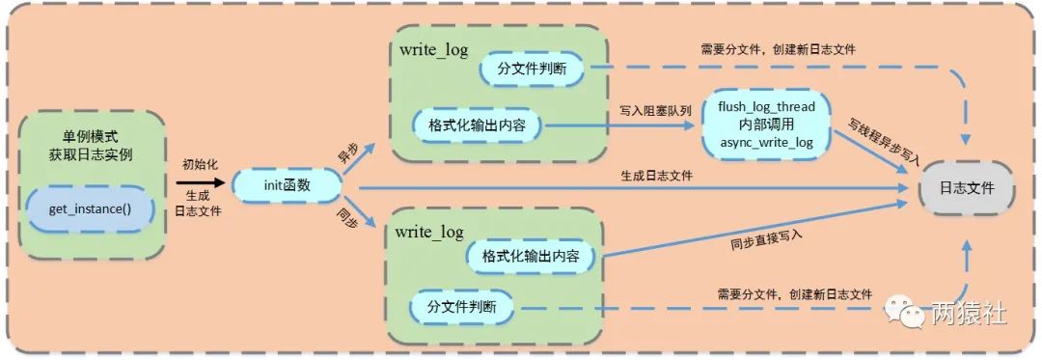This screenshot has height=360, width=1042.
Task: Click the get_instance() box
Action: [90, 208]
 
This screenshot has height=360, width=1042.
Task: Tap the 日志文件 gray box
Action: [966, 189]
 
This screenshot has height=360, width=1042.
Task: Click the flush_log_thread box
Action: [766, 125]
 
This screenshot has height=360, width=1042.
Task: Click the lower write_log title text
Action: [429, 233]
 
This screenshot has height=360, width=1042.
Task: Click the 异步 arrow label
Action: [347, 153]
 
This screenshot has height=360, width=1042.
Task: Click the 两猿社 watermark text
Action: [970, 315]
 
